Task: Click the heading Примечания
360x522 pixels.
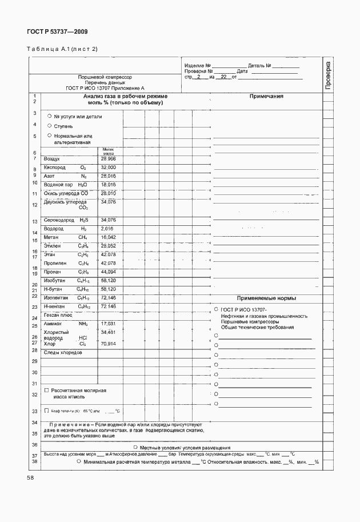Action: [x=266, y=97]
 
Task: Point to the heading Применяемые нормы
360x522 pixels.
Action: [x=266, y=298]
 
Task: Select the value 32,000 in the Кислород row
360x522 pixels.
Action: [x=108, y=167]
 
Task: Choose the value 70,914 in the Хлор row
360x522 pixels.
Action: [x=108, y=344]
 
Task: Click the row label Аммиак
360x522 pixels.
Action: [x=53, y=324]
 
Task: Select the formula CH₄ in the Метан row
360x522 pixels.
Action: [x=83, y=237]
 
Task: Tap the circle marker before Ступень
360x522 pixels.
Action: [x=49, y=125]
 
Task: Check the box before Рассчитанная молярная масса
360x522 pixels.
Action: [x=46, y=389]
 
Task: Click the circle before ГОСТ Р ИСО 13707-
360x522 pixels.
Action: [x=216, y=309]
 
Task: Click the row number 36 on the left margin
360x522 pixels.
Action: [x=34, y=444]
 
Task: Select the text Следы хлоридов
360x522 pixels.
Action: [x=63, y=353]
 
